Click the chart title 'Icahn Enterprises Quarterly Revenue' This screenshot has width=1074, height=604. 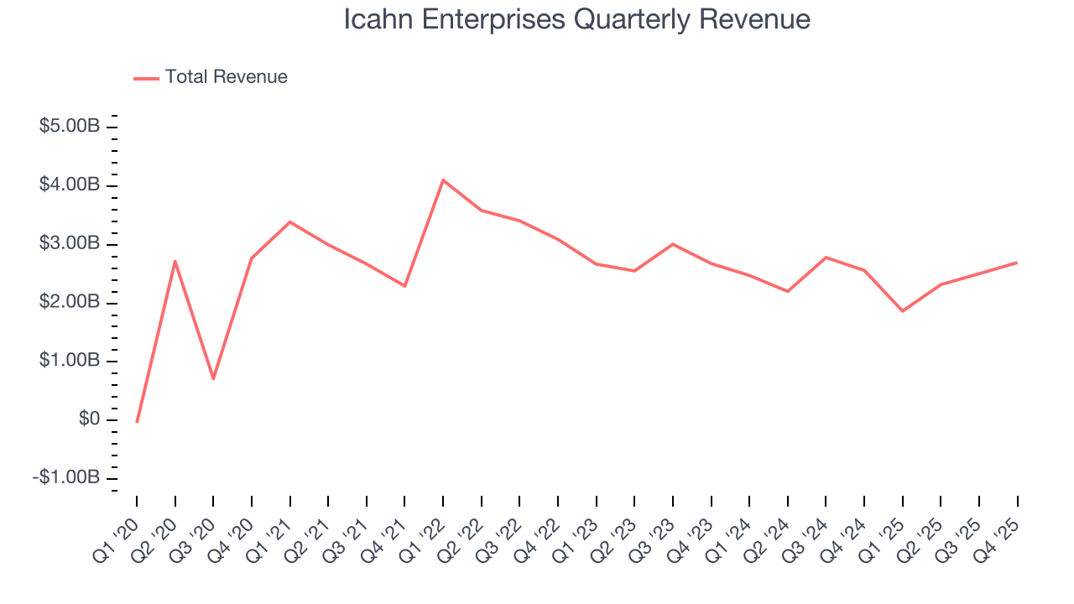click(x=576, y=19)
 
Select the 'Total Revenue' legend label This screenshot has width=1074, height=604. click(x=226, y=77)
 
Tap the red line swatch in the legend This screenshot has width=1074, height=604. click(x=146, y=78)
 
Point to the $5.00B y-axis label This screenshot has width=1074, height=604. click(x=70, y=126)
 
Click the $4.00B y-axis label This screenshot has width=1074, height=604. click(x=70, y=185)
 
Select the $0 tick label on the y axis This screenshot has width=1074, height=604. click(x=89, y=419)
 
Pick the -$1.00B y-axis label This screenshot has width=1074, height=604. click(x=67, y=477)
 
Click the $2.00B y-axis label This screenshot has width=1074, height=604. click(x=70, y=302)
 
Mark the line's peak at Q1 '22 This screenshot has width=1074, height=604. click(x=442, y=180)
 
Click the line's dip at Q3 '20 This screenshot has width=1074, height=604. click(x=213, y=378)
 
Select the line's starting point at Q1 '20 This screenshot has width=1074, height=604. click(x=137, y=421)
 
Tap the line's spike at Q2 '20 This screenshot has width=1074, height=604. click(x=175, y=261)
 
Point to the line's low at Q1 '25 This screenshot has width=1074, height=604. click(x=902, y=311)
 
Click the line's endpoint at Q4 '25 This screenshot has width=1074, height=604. click(x=1017, y=263)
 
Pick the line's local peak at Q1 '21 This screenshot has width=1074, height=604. click(x=289, y=221)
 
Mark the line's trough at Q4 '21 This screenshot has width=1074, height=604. click(x=404, y=286)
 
